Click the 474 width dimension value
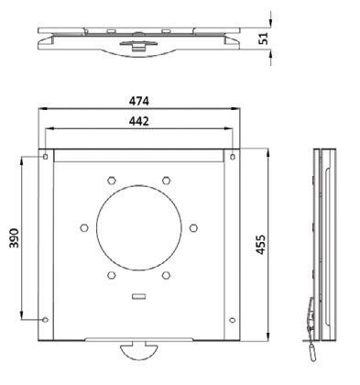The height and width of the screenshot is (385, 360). coord(139,101)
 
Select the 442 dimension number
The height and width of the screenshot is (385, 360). coord(139,121)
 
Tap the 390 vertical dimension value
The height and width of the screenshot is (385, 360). coord(14,237)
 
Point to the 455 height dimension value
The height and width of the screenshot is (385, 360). coord(261,245)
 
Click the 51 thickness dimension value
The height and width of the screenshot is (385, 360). coord(263,38)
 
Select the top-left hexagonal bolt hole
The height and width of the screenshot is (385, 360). coord(112,181)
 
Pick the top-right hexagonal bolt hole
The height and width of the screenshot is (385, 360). coord(166,181)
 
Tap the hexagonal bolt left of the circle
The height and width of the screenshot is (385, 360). coord(84,227)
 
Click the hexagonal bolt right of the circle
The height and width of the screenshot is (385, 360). coord(193,227)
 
